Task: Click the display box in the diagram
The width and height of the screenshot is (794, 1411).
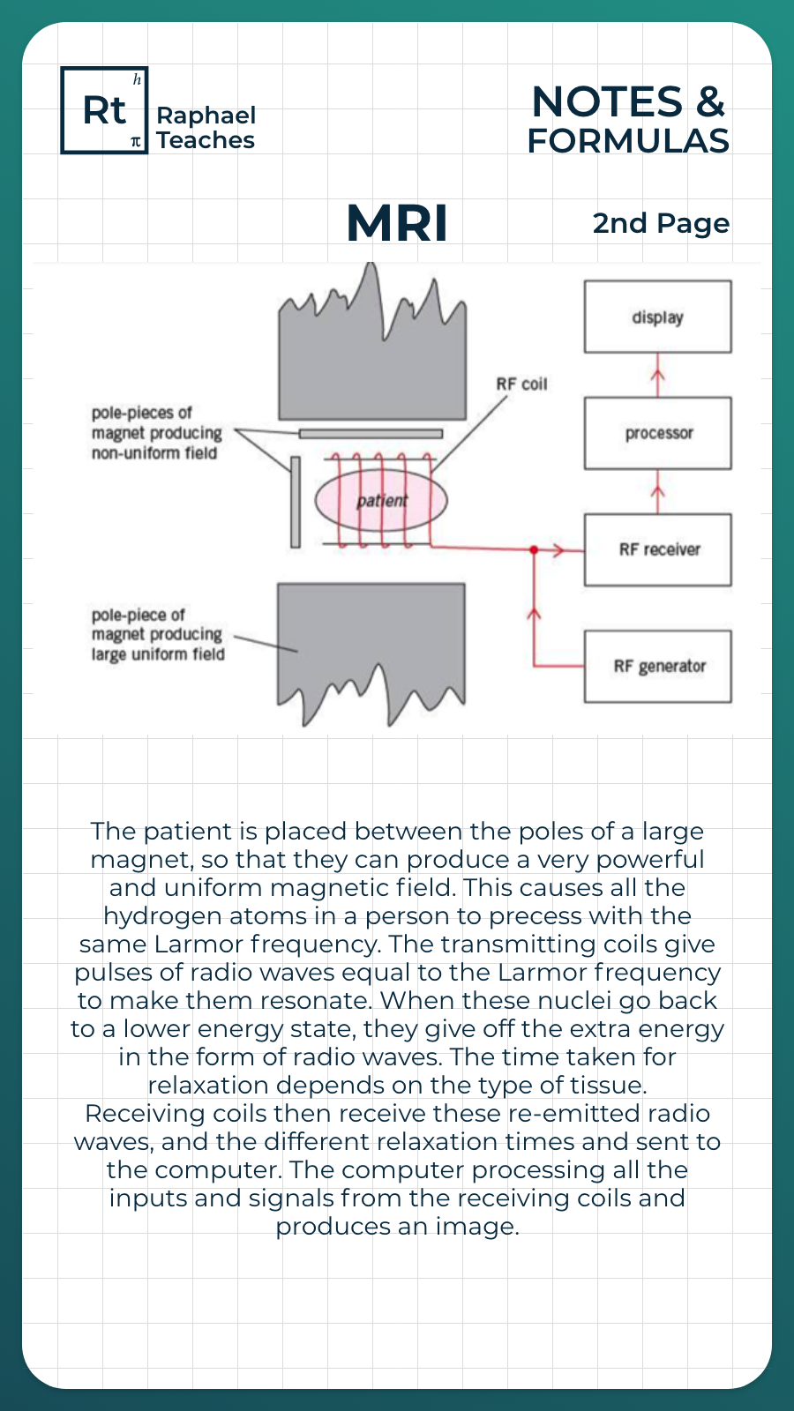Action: (x=657, y=317)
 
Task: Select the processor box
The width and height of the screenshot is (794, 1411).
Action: (x=657, y=433)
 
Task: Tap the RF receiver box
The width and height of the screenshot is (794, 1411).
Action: (x=657, y=549)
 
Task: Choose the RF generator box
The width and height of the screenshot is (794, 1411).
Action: (x=657, y=666)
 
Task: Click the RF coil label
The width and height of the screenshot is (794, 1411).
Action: (x=521, y=384)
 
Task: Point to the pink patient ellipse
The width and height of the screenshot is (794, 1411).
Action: (x=381, y=500)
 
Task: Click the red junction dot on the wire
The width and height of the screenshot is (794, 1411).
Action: (x=534, y=549)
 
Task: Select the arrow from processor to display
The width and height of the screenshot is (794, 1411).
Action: (x=657, y=376)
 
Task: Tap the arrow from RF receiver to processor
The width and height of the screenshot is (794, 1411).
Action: (x=657, y=492)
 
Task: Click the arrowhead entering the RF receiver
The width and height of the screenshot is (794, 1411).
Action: (x=559, y=550)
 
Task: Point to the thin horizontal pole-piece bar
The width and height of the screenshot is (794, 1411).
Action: (x=371, y=434)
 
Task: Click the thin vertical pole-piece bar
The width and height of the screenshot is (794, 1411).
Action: (x=296, y=501)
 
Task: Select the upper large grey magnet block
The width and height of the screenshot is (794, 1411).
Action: (x=371, y=370)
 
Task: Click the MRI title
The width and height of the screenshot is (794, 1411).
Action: (x=397, y=223)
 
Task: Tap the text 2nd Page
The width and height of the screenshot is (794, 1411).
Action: (x=661, y=224)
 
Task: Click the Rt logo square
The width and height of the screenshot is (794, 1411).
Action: (x=104, y=110)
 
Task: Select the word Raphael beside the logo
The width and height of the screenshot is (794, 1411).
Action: (x=206, y=116)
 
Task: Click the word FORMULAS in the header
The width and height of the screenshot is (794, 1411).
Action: (x=628, y=141)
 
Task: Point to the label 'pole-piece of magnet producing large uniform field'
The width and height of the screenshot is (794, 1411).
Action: (x=158, y=635)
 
